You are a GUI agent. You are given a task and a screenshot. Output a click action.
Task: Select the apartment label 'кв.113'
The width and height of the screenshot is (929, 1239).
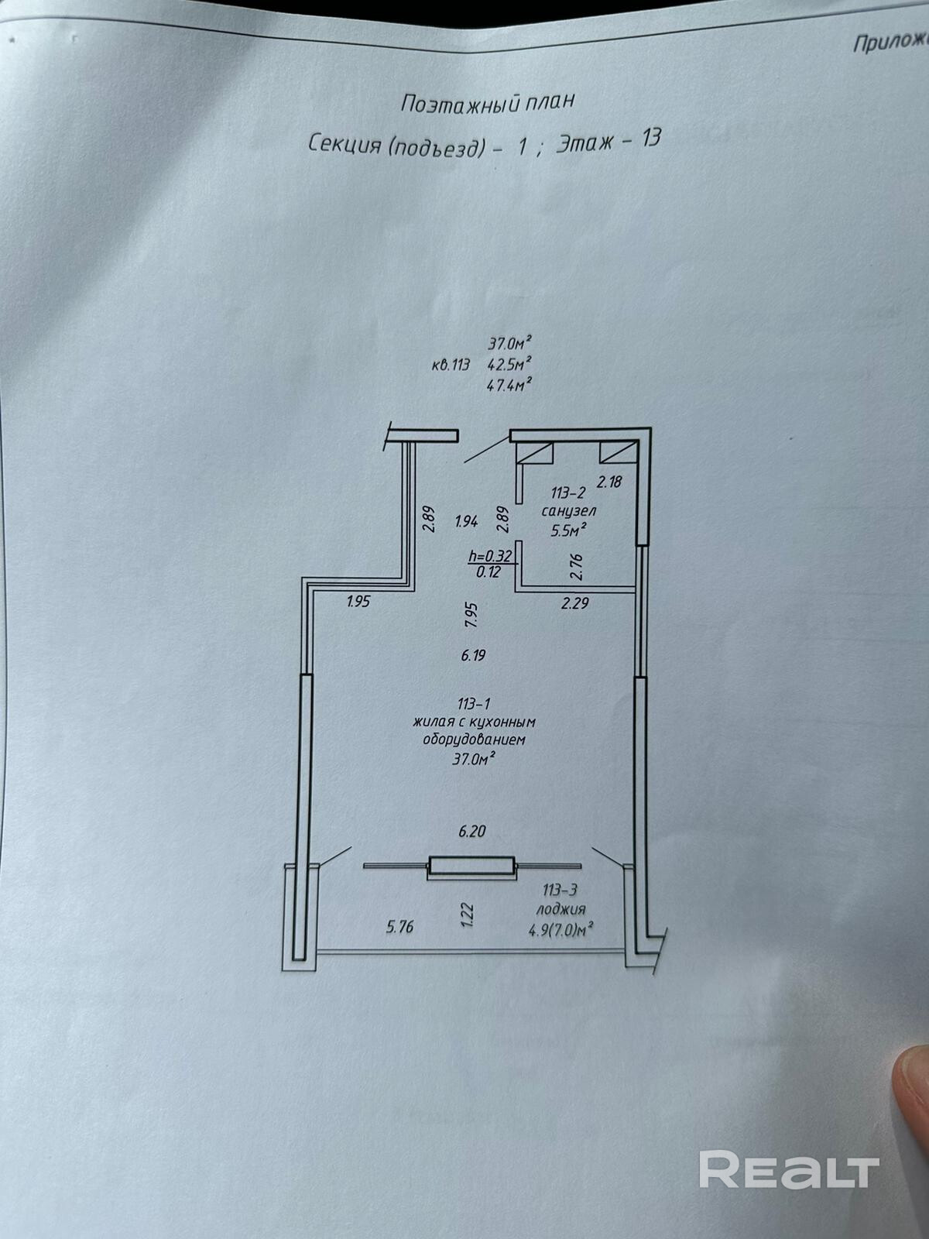[x=451, y=366]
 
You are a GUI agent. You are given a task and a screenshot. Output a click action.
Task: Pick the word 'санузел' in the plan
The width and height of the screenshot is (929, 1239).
[x=568, y=512]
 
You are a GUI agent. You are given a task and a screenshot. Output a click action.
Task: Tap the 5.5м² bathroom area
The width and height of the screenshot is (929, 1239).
[x=567, y=530]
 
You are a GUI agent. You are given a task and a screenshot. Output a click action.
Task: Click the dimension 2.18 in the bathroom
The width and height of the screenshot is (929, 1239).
[x=610, y=482]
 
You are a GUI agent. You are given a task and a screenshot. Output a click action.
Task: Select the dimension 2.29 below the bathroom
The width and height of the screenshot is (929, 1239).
[x=575, y=602]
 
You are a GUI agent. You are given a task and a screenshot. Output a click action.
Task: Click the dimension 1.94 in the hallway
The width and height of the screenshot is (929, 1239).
[x=467, y=522]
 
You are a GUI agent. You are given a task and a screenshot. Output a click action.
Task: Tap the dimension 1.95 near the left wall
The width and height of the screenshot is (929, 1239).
[x=358, y=602]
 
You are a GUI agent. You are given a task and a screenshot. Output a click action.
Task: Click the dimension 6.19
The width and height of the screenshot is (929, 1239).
[x=472, y=655]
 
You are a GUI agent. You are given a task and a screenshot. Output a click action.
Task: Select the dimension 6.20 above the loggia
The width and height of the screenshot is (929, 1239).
[x=471, y=832]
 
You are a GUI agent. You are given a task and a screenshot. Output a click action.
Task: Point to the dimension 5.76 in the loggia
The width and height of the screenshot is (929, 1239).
[x=399, y=926]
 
